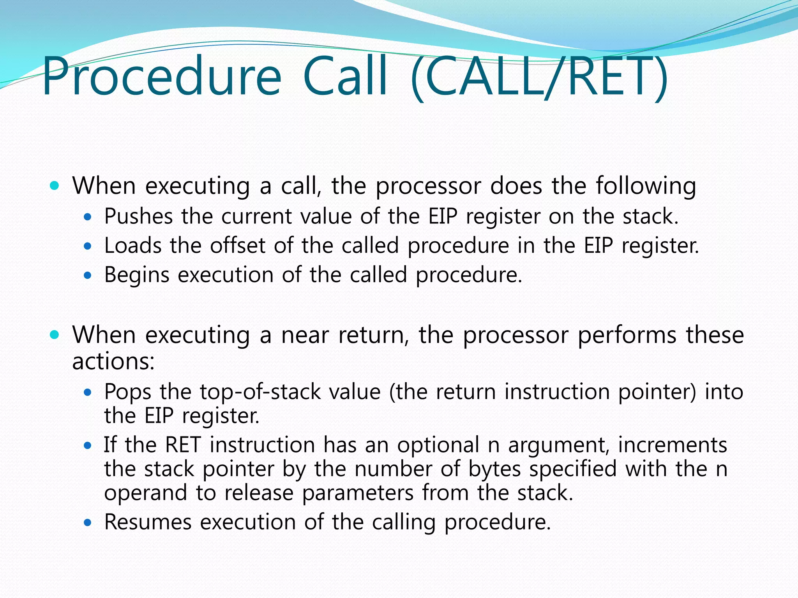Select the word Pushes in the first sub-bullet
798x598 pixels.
point(138,216)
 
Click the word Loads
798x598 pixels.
point(133,246)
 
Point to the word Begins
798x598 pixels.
point(137,275)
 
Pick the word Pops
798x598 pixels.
point(127,392)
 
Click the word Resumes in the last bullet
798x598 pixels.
point(148,522)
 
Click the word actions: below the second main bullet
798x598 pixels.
point(113,361)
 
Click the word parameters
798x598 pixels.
point(358,493)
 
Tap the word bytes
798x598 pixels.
point(494,469)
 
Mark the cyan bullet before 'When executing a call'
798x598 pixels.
point(55,186)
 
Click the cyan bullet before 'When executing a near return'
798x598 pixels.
point(55,334)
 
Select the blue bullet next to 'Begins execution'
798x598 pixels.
point(88,276)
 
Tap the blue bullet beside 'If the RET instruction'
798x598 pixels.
point(88,445)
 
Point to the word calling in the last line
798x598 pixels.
point(403,522)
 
